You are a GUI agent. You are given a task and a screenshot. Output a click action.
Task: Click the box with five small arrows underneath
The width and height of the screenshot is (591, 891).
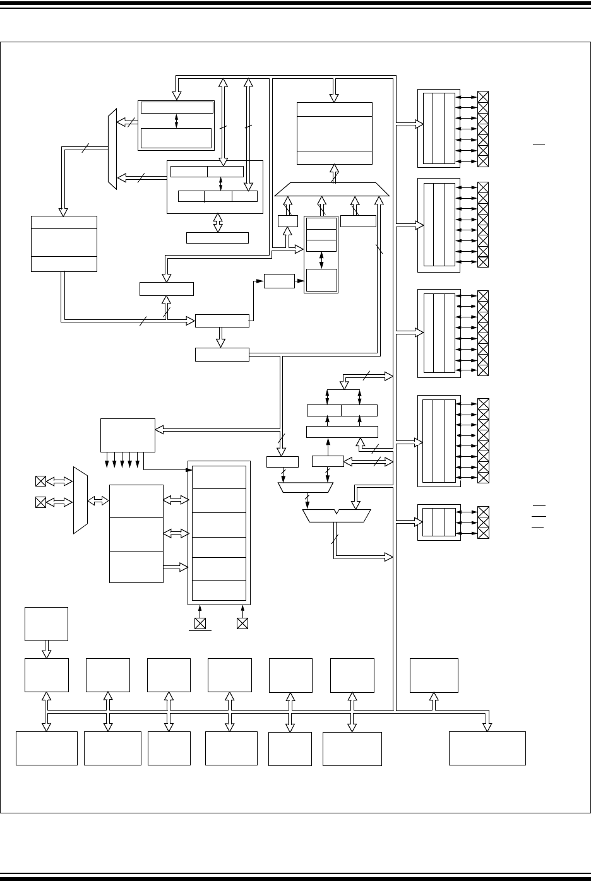(x=128, y=434)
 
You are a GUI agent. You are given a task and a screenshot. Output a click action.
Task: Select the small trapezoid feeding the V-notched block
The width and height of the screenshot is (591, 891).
(x=306, y=487)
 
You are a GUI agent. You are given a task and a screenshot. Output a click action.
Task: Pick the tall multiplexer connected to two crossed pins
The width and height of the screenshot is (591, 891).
(x=80, y=500)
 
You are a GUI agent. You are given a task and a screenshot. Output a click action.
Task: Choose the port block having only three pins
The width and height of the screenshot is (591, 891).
(x=439, y=522)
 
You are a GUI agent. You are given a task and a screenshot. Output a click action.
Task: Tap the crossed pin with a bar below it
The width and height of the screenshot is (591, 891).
(x=200, y=623)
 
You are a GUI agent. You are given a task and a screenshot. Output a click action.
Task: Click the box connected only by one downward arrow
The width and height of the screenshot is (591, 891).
(x=46, y=623)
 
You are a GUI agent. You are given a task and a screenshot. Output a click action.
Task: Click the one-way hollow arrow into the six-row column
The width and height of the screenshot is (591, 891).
(x=176, y=567)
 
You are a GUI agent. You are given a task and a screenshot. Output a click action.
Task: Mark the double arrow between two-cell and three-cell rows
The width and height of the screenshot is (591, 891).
(x=220, y=184)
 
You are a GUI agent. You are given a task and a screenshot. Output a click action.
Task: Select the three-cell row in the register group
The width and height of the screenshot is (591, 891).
(x=218, y=196)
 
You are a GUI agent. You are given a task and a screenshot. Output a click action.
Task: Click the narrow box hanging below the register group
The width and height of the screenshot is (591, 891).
(x=218, y=238)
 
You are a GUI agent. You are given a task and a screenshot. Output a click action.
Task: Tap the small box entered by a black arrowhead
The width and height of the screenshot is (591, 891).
(x=279, y=281)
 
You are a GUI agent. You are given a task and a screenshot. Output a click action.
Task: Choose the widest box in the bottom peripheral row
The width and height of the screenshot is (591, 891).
(x=487, y=748)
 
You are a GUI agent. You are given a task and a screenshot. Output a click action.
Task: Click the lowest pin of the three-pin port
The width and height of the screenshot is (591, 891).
(x=484, y=534)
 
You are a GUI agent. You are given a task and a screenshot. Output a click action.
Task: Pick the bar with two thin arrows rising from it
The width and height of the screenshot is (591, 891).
(x=342, y=432)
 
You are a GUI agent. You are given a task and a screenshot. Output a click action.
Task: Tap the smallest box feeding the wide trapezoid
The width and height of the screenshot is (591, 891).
(x=287, y=221)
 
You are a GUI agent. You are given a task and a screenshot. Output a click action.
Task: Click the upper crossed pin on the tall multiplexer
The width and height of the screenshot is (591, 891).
(x=40, y=481)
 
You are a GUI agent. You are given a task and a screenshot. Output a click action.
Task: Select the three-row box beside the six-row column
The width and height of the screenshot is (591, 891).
(x=136, y=534)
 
